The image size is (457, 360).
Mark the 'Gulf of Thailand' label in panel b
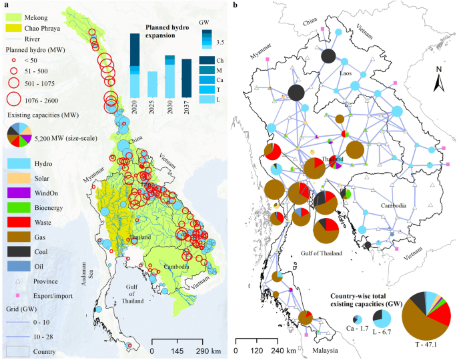tap(320, 253)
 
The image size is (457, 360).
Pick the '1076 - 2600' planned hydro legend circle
tap(14, 101)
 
